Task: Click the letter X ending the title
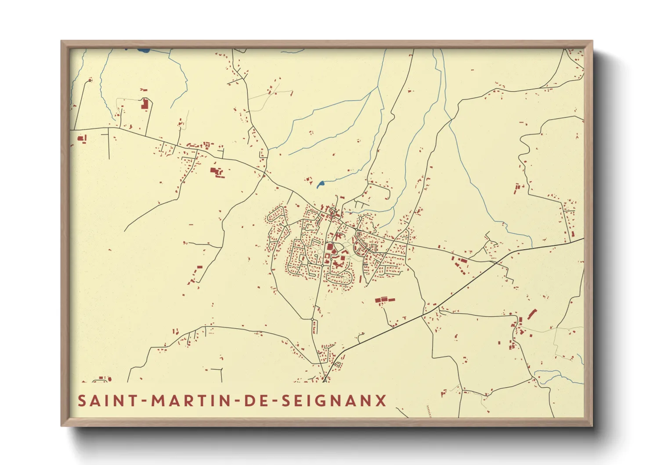click(381, 401)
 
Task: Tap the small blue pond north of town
click(320, 185)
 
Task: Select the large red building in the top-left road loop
click(144, 104)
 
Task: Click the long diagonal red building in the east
click(532, 314)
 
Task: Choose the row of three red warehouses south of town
click(385, 300)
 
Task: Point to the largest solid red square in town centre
click(329, 247)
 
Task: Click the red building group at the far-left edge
click(82, 139)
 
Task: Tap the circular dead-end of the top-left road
click(90, 80)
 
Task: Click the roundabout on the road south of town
click(312, 319)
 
